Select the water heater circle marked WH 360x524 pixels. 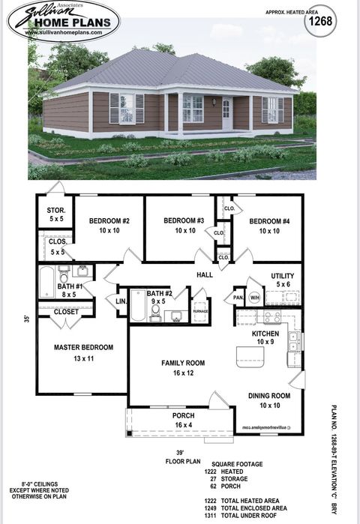[253, 297]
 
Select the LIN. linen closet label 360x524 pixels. [120, 301]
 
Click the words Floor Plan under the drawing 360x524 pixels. [180, 463]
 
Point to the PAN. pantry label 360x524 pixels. [238, 298]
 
